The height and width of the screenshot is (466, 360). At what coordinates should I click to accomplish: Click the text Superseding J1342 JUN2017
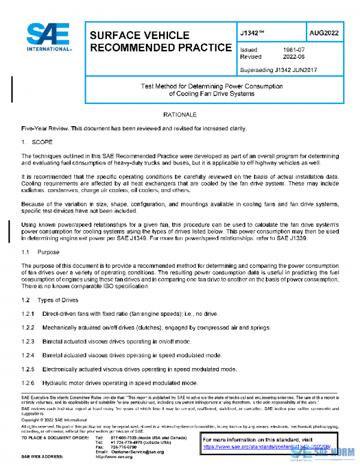pyautogui.click(x=278, y=70)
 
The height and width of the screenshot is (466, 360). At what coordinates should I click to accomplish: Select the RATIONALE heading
pyautogui.click(x=180, y=113)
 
